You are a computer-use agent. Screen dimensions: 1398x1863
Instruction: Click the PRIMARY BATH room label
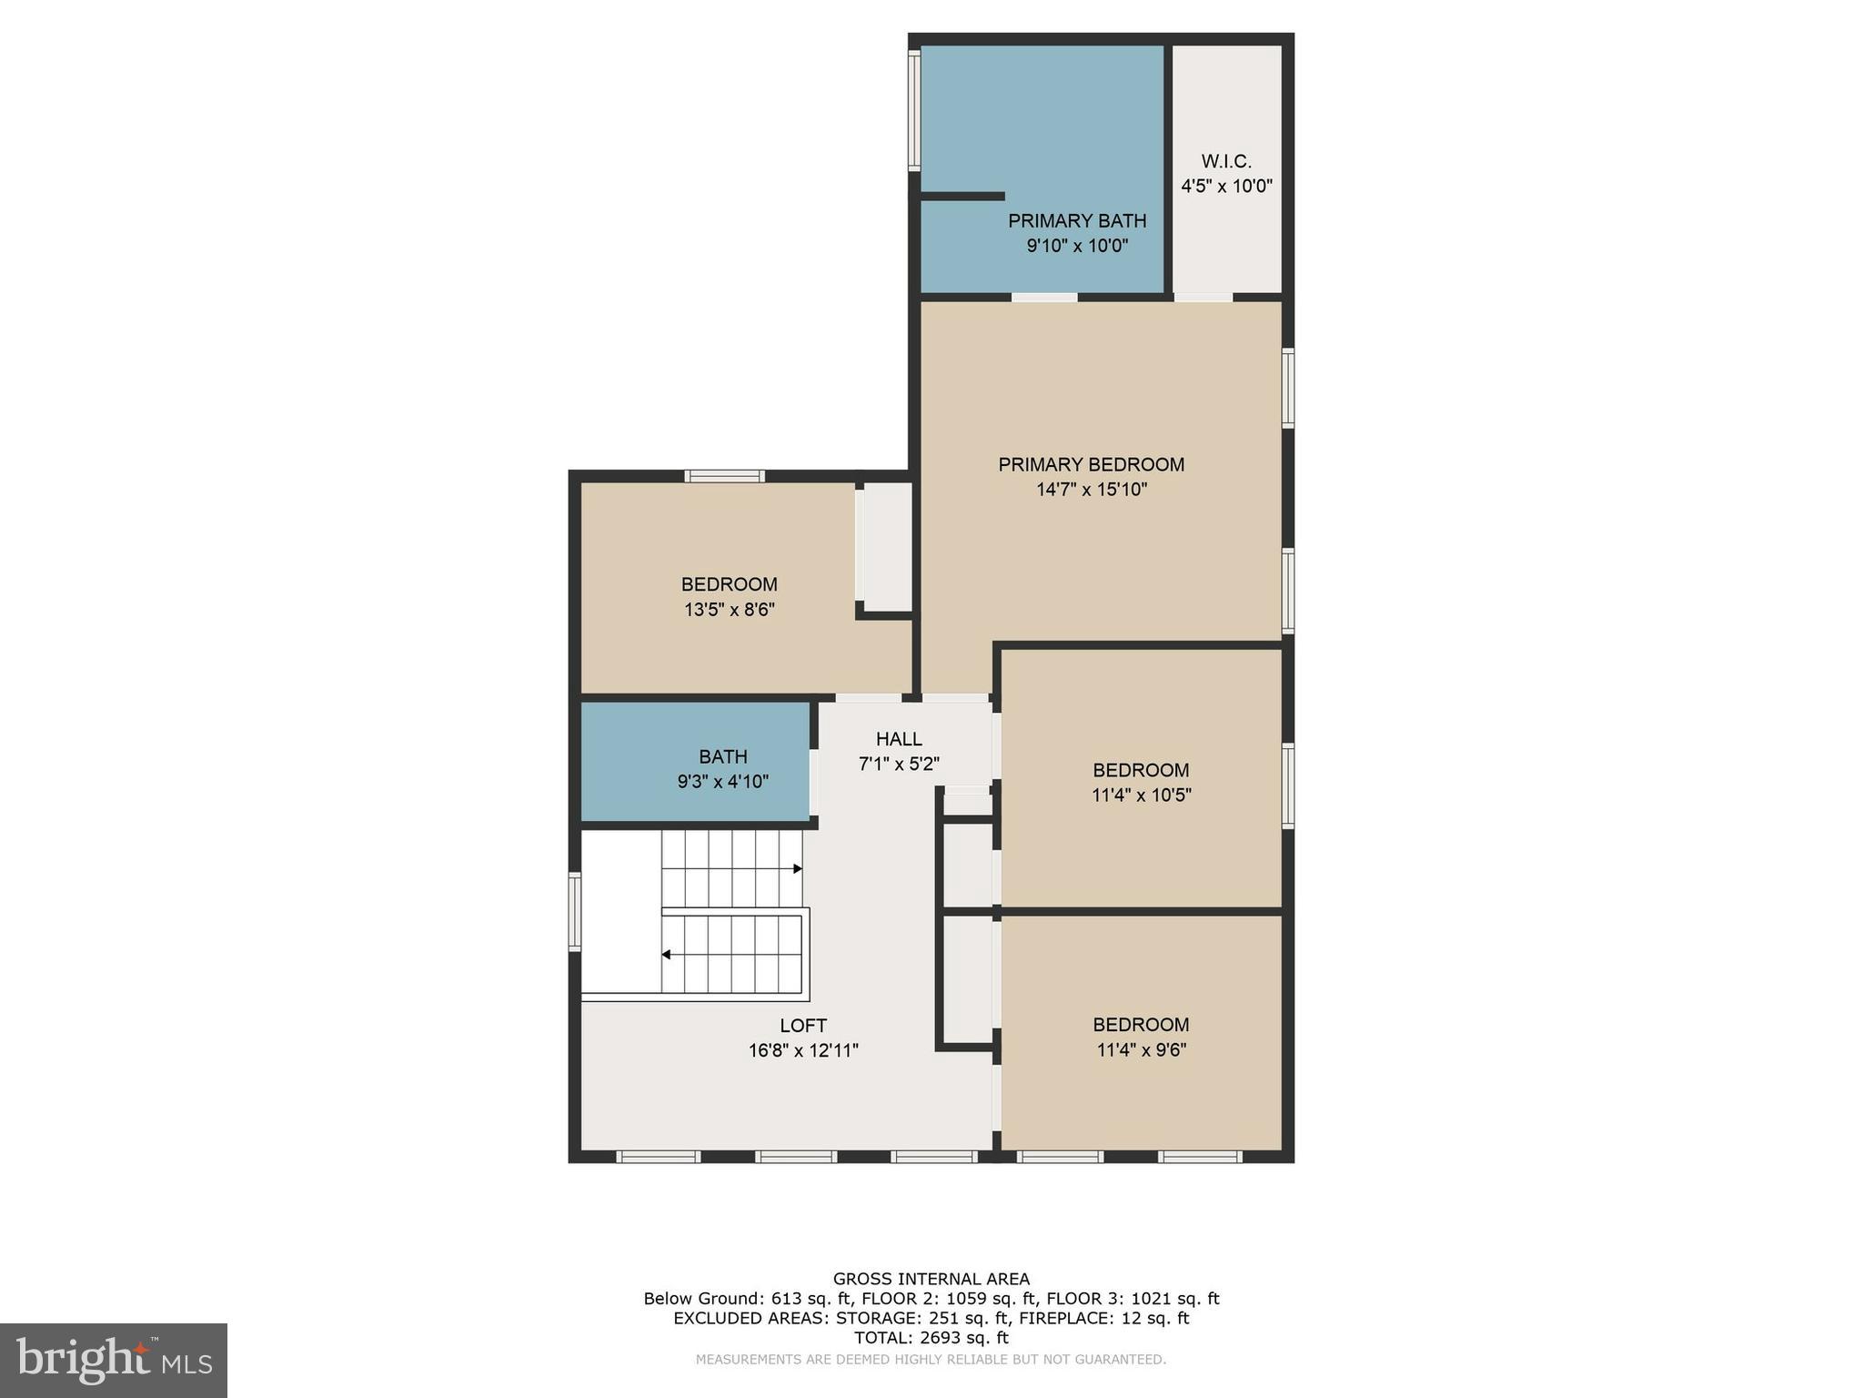coord(1076,221)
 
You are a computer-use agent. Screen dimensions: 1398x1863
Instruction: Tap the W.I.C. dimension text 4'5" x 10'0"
coord(1226,187)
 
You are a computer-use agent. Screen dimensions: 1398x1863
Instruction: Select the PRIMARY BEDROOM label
coord(1091,465)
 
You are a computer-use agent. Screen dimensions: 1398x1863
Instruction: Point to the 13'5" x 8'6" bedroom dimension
coord(729,610)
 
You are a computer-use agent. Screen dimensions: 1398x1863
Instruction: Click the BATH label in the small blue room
coord(723,756)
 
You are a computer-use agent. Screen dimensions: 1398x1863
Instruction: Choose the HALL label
coord(899,739)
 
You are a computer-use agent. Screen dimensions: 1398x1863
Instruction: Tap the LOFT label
coord(803,1026)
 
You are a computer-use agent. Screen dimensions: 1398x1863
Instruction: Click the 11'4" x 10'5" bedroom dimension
coord(1141,795)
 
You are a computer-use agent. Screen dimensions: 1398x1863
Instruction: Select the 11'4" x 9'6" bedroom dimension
coord(1141,1050)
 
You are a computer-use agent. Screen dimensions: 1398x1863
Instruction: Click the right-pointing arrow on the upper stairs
coord(797,869)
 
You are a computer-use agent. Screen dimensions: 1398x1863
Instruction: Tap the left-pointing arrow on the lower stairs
coord(667,955)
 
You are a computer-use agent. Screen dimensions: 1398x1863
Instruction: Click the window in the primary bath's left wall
coord(914,110)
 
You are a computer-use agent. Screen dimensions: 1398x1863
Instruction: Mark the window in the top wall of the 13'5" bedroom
coord(724,476)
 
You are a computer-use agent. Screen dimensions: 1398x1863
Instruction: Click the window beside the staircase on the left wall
coord(575,912)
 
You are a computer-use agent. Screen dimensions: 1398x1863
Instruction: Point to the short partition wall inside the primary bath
coord(962,196)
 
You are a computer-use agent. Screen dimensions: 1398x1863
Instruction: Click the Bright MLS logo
coord(114,1360)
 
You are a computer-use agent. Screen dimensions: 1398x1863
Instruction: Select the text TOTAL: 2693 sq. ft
coord(931,1338)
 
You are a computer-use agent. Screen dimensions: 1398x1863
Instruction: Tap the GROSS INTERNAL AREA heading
coord(931,1279)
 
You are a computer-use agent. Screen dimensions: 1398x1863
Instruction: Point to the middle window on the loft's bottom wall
coord(795,1157)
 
